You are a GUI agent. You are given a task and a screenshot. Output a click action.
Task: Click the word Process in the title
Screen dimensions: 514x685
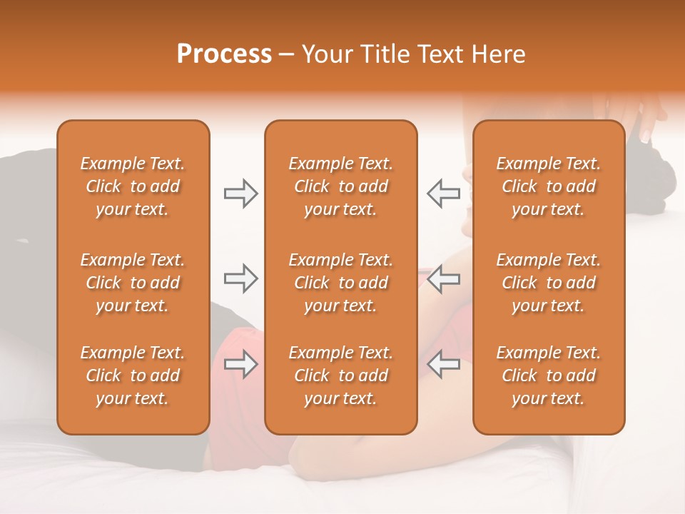click(224, 54)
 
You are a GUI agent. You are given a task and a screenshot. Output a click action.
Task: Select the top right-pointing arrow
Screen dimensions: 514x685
click(240, 193)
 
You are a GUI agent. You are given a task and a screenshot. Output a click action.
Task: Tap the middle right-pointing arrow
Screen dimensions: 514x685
click(240, 278)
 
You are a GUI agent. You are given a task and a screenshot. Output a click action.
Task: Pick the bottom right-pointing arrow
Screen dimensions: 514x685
click(240, 364)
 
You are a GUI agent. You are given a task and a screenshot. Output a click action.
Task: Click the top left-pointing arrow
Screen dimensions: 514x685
click(443, 193)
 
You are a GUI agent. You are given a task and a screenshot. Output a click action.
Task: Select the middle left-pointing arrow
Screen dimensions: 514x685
click(443, 278)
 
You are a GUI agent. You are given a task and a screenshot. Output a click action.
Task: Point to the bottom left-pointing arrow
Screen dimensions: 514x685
click(443, 364)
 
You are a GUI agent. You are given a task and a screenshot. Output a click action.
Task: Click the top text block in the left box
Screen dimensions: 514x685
click(133, 186)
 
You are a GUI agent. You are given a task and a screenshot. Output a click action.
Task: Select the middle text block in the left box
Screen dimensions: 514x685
click(133, 283)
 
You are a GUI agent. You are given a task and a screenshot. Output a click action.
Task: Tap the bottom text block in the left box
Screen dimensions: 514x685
click(133, 376)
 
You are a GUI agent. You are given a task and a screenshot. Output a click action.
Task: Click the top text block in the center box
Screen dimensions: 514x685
click(341, 186)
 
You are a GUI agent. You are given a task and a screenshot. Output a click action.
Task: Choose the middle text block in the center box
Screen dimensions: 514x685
click(341, 283)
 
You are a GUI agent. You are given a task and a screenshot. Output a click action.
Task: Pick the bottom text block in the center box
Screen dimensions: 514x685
click(341, 376)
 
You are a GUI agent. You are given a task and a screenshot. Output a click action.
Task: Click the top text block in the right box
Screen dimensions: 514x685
click(549, 186)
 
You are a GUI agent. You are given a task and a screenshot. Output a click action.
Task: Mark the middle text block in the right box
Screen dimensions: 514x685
click(549, 283)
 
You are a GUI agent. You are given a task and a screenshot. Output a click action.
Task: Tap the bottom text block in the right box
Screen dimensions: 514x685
click(549, 376)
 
